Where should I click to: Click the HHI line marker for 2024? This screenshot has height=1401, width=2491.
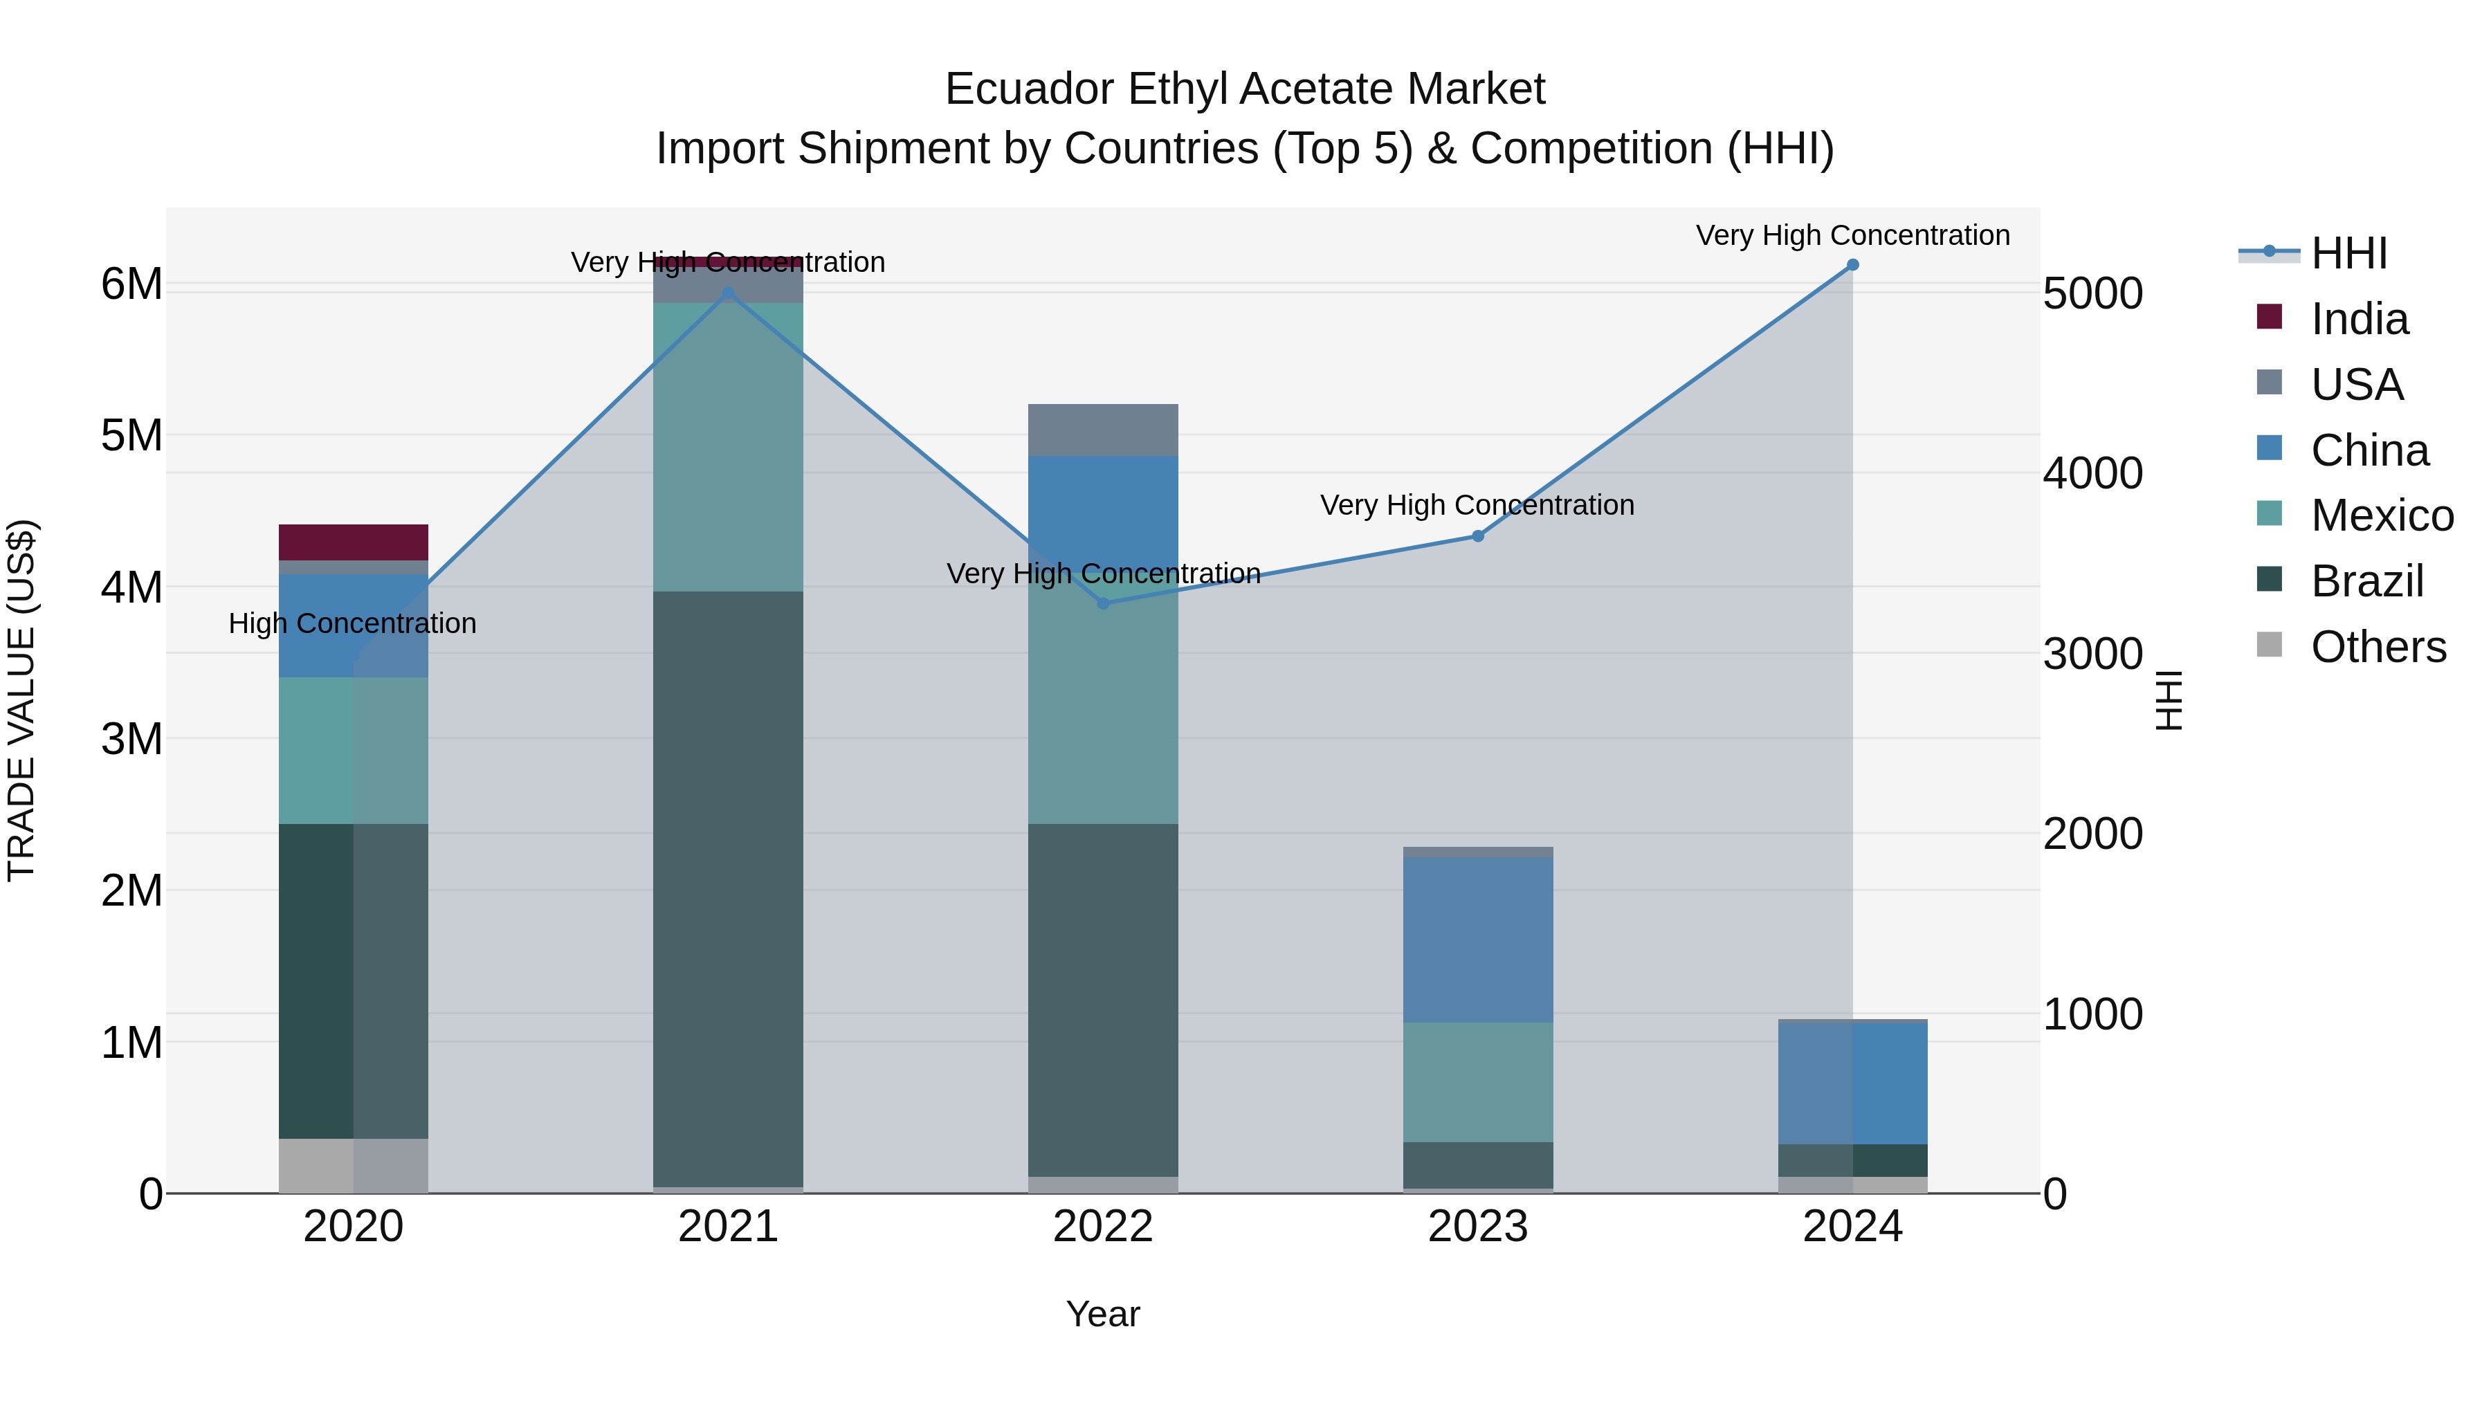[x=1852, y=265]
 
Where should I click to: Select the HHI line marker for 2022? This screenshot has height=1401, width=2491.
[x=1102, y=603]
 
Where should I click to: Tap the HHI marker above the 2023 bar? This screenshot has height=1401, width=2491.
[x=1477, y=535]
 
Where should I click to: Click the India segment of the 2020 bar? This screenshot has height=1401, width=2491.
[x=353, y=542]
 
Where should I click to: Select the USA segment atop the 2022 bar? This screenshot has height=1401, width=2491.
[x=1102, y=429]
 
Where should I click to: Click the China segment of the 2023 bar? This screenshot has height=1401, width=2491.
[x=1477, y=939]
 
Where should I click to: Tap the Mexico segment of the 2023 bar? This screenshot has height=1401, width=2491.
[x=1477, y=1082]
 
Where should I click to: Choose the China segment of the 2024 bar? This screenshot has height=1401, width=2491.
[x=1852, y=1082]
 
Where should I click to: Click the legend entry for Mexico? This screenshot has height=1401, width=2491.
[x=2381, y=515]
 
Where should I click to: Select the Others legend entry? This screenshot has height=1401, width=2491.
[x=2377, y=647]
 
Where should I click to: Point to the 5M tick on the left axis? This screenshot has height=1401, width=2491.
[x=131, y=435]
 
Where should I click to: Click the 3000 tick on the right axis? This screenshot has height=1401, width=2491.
[x=2092, y=654]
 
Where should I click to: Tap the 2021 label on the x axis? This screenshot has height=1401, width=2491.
[x=727, y=1227]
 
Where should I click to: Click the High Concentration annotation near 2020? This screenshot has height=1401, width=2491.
[x=352, y=623]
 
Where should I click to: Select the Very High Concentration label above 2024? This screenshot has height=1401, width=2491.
[x=1852, y=235]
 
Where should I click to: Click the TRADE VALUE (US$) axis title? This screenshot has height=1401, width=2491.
[x=21, y=700]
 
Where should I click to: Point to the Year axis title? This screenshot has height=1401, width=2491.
[x=1102, y=1314]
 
